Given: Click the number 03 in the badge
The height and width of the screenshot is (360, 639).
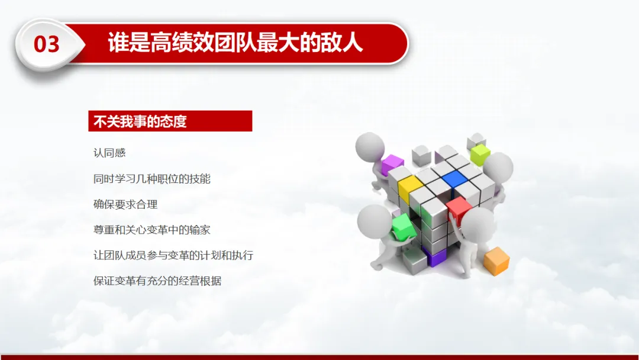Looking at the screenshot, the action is [47, 44].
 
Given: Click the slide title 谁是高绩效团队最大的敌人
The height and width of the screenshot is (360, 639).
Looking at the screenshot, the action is [235, 43].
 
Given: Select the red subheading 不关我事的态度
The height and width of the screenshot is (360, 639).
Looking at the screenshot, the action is [140, 121].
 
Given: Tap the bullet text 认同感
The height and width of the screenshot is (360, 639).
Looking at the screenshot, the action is [109, 153].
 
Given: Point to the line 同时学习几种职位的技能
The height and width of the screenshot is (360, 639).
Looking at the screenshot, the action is [152, 179].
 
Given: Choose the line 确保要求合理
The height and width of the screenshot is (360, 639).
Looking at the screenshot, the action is [125, 204].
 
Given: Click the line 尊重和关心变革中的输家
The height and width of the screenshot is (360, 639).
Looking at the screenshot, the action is [152, 230].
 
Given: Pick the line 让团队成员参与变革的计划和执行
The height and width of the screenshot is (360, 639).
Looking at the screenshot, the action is [173, 255].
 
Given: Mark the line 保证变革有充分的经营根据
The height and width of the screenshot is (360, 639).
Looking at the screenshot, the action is [157, 281].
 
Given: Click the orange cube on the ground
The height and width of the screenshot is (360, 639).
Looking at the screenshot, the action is [496, 261].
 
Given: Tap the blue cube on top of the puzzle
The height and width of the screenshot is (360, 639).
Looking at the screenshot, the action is [454, 179].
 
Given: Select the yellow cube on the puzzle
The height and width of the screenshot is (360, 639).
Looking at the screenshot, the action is [409, 189].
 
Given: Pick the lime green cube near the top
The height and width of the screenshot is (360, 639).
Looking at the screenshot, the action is [480, 155].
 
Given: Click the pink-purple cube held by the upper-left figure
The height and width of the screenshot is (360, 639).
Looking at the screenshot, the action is [392, 164].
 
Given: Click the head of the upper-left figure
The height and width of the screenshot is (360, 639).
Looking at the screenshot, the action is [370, 146].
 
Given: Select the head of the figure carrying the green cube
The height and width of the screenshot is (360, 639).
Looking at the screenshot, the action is [374, 221].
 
